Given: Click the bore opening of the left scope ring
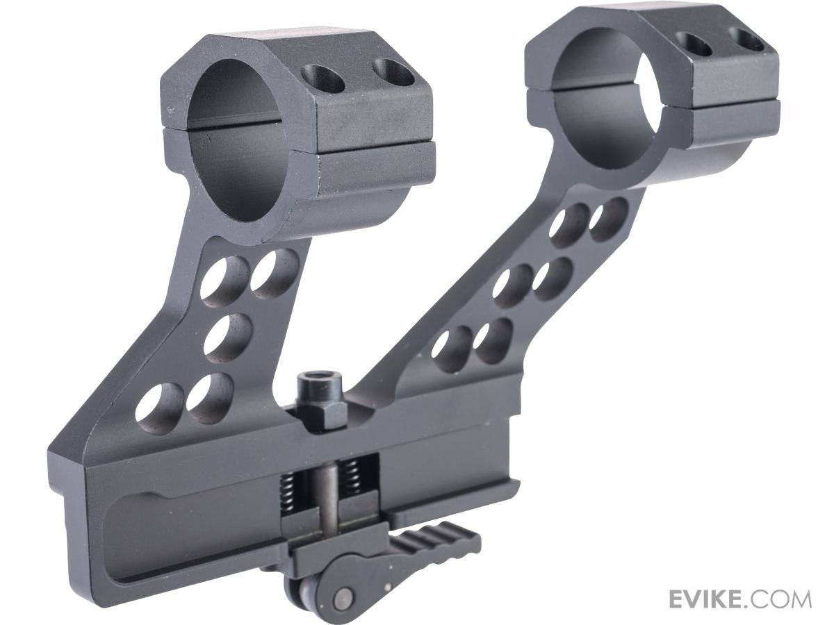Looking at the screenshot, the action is click(x=238, y=140).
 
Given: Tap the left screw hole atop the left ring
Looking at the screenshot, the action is click(x=324, y=78).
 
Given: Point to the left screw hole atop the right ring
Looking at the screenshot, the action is click(x=694, y=44).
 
